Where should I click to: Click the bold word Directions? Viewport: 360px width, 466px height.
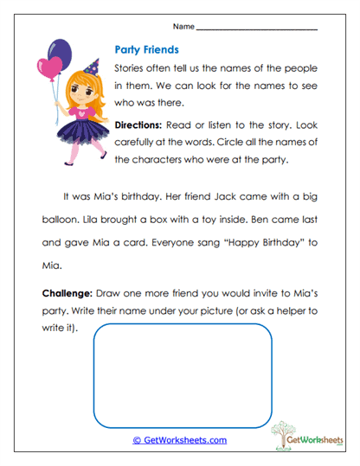[144, 124]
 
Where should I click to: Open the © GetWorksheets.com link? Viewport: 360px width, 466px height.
[180, 440]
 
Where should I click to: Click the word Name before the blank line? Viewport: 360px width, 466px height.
[183, 26]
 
